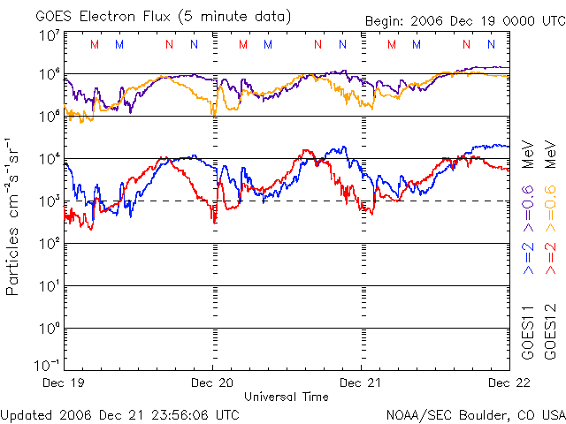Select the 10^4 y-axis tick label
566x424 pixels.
49,157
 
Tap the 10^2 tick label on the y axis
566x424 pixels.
49,242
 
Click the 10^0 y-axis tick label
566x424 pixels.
49,327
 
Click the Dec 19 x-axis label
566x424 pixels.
64,382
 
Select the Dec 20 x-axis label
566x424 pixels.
212,382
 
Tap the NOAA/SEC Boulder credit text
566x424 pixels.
475,413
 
